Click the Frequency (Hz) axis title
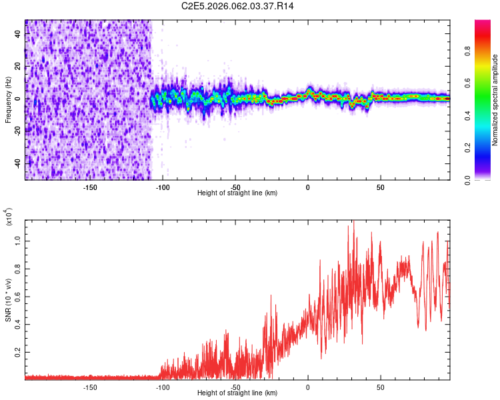point(8,99)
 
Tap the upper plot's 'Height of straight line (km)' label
point(237,193)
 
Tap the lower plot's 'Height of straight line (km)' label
point(237,393)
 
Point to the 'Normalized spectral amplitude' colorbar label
point(495,100)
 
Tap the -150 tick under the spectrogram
point(90,187)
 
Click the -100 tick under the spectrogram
point(163,187)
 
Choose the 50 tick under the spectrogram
point(380,187)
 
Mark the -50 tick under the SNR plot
point(235,387)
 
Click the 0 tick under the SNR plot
point(308,387)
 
